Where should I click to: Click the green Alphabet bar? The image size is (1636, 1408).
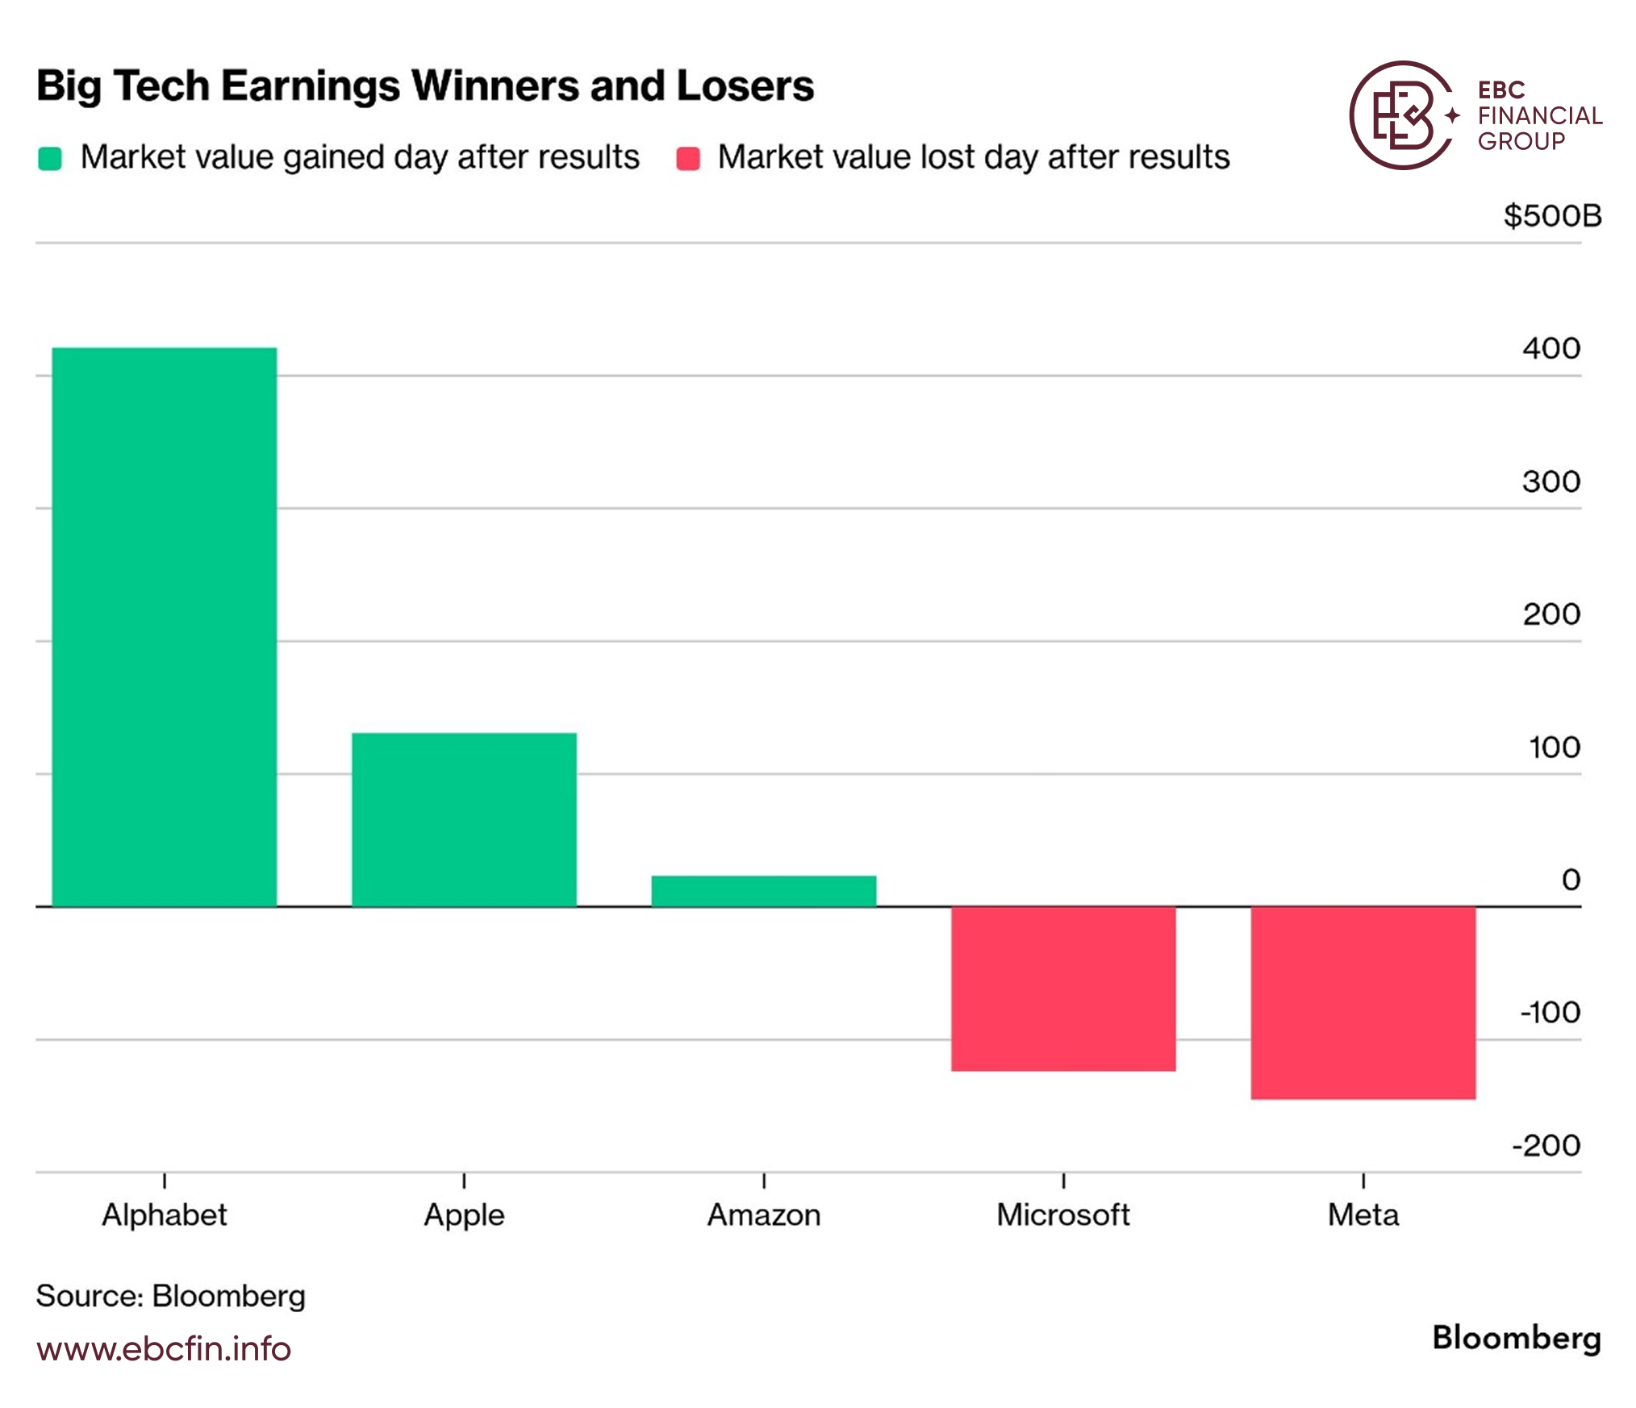165,627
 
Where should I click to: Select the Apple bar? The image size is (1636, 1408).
464,819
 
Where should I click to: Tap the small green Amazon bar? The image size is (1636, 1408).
764,891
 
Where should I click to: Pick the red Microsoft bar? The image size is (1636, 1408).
1063,989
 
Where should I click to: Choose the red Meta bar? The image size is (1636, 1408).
1363,1002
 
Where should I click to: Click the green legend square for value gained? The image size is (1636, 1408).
50,158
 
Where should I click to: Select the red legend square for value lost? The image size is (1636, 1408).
688,158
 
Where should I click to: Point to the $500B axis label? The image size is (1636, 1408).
1552,216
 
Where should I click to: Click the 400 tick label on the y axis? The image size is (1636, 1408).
1551,348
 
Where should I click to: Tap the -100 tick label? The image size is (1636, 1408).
1550,1012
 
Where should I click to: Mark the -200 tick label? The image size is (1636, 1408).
1546,1145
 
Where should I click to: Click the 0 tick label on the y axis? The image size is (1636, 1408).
1571,879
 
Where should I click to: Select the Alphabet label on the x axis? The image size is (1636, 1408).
165,1214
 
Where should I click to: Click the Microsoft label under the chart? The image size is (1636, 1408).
1063,1214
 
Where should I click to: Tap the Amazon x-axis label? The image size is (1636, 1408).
764,1214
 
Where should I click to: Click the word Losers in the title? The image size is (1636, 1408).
745,85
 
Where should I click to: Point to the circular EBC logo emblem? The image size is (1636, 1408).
1404,115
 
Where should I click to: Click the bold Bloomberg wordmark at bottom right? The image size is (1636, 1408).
1517,1339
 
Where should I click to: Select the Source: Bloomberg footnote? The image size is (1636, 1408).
171,1296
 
